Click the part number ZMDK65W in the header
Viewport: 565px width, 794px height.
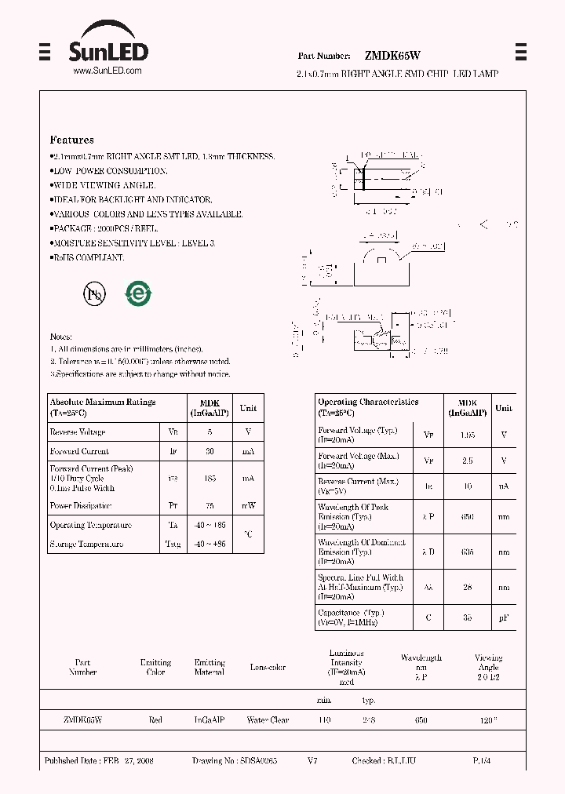coord(392,56)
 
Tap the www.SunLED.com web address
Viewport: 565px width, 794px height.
coord(107,71)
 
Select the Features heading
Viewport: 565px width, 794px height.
coord(71,140)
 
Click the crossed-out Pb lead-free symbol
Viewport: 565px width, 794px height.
coord(93,294)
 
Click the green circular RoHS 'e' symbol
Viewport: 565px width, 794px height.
coord(138,294)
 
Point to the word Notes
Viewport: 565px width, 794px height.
coord(61,336)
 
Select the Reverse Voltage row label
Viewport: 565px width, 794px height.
coord(77,432)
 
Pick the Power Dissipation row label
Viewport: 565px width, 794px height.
coord(81,506)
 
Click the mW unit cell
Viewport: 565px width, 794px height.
coord(248,506)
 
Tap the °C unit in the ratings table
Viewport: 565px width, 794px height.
coord(248,534)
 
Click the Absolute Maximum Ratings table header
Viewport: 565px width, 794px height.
coord(103,402)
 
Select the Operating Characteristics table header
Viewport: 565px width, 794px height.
coord(368,402)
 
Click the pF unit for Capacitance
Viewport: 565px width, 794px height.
coord(504,617)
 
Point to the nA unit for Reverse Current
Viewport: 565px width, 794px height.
coord(504,486)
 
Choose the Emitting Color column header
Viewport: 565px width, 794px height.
coord(155,667)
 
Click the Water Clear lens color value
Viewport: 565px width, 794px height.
coord(268,719)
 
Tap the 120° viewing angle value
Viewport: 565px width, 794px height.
coord(488,719)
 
